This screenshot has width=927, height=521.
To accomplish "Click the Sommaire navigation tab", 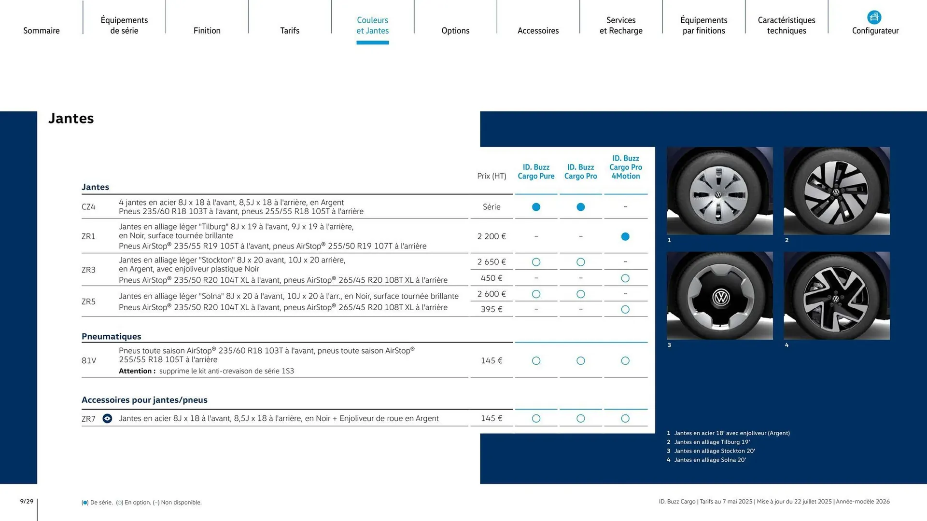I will (42, 30).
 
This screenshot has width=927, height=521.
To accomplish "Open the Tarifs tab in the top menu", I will (290, 30).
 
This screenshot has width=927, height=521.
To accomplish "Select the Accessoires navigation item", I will (538, 30).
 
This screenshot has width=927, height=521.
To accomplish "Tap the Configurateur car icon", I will (874, 17).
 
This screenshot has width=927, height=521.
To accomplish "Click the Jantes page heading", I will (71, 118).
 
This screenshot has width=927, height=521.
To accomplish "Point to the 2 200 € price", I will (492, 236).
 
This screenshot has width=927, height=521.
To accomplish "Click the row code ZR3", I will (88, 270).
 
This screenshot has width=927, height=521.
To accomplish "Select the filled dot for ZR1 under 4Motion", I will (625, 236).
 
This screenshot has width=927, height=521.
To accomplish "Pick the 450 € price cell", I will (492, 278).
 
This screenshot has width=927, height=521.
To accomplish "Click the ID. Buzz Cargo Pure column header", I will (536, 172).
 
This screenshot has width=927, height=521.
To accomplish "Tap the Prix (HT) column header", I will (492, 176).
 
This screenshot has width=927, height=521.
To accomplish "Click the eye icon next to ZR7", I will (107, 418).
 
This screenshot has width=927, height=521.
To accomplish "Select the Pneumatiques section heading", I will (112, 336).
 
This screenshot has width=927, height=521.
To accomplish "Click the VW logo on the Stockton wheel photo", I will (721, 297).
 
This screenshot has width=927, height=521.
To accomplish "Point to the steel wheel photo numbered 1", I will (719, 191).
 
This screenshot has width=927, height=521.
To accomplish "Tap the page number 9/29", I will (27, 501).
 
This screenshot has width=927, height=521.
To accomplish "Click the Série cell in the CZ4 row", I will (492, 206).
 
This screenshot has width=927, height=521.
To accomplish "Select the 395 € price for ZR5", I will (492, 309).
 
